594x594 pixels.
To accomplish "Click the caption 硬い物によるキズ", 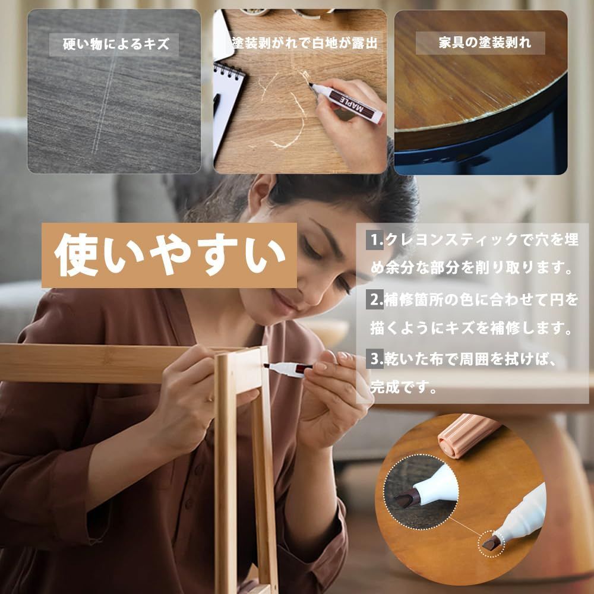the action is [116, 45].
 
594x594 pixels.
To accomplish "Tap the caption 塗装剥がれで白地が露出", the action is [305, 43].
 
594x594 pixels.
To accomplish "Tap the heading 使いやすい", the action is [169, 255].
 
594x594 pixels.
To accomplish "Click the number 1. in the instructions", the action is [375, 240].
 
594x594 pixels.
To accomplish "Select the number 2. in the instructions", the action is [375, 299].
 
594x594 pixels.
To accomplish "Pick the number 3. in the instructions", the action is [375, 359].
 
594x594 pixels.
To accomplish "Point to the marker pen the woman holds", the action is [288, 369].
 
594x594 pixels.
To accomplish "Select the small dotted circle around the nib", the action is [491, 544].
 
